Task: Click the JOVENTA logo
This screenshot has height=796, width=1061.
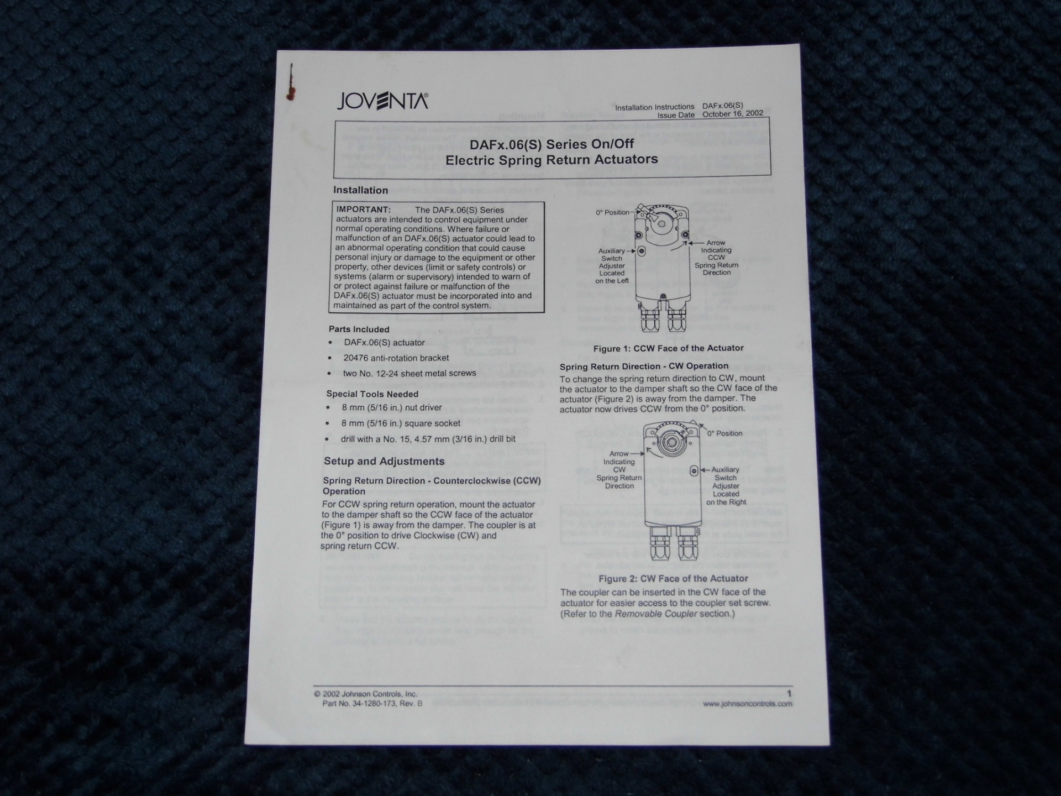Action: click(382, 101)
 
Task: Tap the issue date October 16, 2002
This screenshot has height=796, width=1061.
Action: click(733, 114)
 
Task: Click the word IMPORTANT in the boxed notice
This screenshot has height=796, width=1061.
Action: click(364, 210)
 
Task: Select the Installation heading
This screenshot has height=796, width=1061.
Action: click(360, 190)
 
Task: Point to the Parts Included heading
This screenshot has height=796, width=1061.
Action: click(359, 329)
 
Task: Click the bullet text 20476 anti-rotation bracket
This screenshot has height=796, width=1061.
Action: click(396, 358)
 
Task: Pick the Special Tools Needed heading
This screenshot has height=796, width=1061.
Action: click(372, 394)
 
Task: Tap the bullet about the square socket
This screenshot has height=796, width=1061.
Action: click(401, 423)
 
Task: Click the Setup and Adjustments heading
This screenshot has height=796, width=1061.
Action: click(384, 462)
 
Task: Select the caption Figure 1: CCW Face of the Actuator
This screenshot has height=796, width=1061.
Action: click(668, 348)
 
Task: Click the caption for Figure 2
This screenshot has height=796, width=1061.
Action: click(673, 579)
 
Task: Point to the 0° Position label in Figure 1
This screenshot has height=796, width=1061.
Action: click(612, 212)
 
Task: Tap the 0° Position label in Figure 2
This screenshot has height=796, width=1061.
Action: click(724, 433)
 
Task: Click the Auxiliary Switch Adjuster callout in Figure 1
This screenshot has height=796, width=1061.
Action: click(612, 266)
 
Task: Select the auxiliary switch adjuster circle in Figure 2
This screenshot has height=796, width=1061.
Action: click(694, 471)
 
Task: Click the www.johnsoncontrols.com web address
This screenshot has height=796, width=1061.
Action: click(748, 704)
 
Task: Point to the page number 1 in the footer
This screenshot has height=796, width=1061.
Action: click(789, 694)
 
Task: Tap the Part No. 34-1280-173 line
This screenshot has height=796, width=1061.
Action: click(372, 704)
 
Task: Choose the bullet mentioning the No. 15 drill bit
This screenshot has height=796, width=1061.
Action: click(428, 439)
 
